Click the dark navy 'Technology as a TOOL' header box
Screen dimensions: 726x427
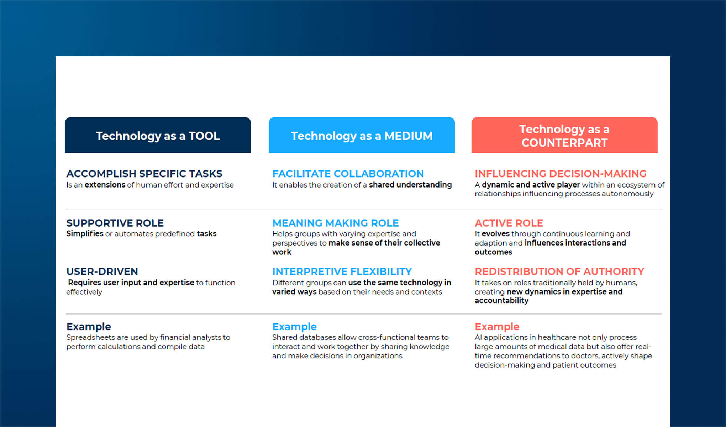(158, 135)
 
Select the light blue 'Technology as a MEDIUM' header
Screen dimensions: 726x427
(362, 135)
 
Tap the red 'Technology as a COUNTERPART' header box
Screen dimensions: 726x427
(564, 135)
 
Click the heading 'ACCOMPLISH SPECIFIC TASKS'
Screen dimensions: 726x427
(144, 174)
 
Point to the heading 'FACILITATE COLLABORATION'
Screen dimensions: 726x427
(348, 174)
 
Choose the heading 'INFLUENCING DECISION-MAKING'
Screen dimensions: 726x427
(561, 174)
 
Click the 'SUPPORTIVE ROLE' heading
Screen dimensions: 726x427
(115, 223)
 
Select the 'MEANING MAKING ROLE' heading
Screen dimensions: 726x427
(336, 223)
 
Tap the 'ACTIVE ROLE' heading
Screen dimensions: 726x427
(509, 223)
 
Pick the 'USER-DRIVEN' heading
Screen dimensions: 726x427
(102, 272)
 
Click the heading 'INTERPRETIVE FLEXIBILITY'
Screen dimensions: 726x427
(342, 272)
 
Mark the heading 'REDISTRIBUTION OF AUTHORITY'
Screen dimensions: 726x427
(559, 272)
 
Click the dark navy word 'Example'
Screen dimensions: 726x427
(89, 327)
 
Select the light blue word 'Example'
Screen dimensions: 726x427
(294, 327)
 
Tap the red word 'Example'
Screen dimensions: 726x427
(497, 327)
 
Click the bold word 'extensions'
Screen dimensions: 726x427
(105, 185)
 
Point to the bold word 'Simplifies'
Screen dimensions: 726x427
(85, 234)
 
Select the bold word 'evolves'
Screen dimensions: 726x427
(496, 234)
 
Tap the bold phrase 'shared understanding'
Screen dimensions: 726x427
(410, 185)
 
